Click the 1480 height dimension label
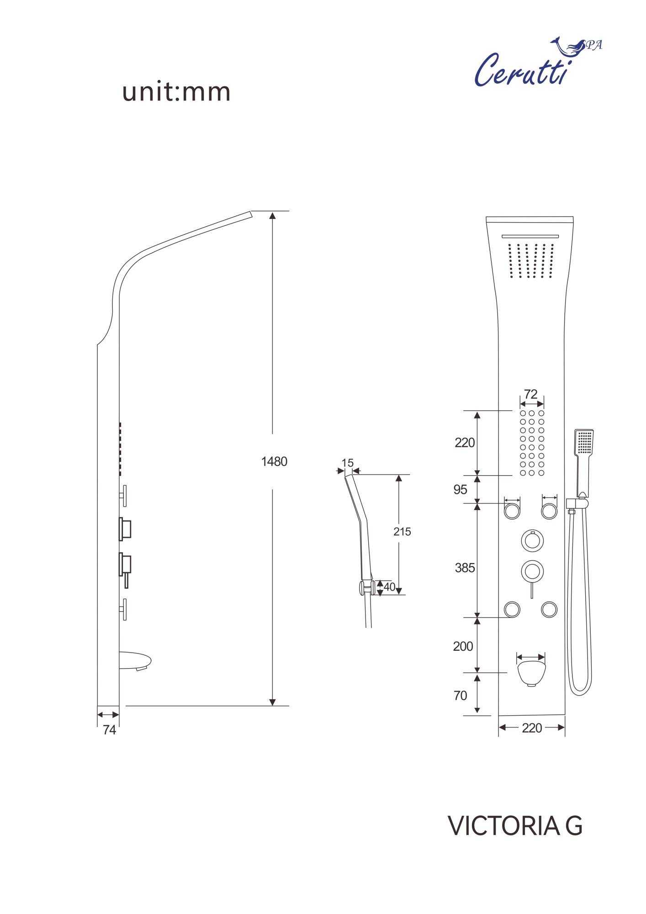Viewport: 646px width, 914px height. pyautogui.click(x=274, y=462)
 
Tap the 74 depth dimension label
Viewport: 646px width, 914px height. pyautogui.click(x=110, y=730)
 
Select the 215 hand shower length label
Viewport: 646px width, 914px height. pyautogui.click(x=402, y=531)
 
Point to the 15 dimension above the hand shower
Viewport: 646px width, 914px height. pyautogui.click(x=348, y=463)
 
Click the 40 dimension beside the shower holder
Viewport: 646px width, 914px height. pyautogui.click(x=389, y=587)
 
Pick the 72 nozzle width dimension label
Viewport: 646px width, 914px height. pyautogui.click(x=530, y=394)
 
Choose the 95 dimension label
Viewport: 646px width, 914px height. pyautogui.click(x=460, y=489)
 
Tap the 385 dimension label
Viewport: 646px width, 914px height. pyautogui.click(x=465, y=568)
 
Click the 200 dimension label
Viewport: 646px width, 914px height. pyautogui.click(x=463, y=646)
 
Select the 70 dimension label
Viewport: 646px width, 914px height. pyautogui.click(x=460, y=696)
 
